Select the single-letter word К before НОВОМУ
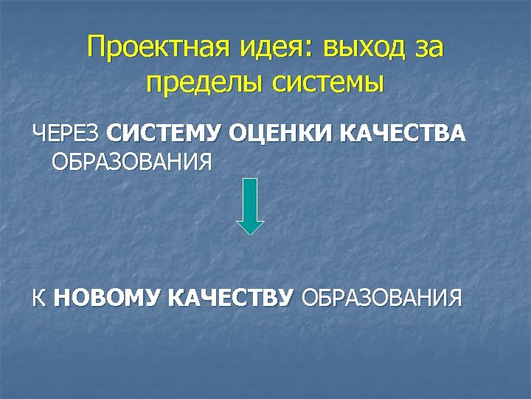pos(38,298)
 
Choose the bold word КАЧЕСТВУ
pos(231,298)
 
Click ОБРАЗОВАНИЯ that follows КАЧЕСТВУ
pos(381,298)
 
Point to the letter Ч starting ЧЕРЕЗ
pos(38,134)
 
